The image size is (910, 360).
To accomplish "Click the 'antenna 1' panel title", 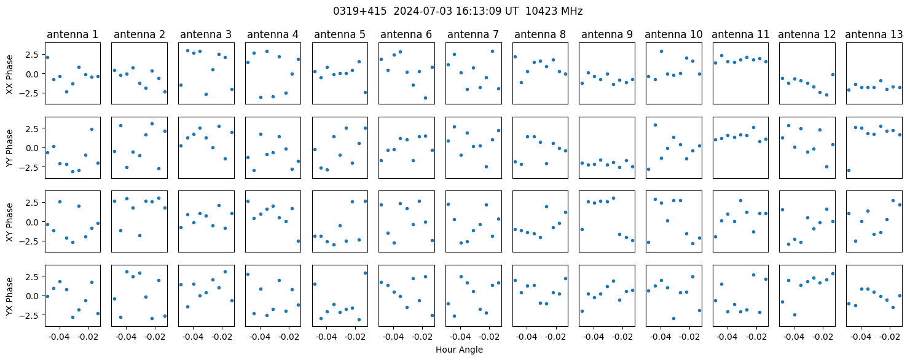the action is [x=73, y=35].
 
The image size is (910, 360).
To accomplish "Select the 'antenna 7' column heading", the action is [x=473, y=35].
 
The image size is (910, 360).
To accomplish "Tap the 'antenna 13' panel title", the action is [x=873, y=35].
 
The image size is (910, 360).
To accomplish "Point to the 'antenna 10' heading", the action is [x=673, y=35].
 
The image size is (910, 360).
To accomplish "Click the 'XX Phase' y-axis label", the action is [x=9, y=74].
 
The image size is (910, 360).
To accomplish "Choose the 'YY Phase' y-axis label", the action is [x=9, y=148].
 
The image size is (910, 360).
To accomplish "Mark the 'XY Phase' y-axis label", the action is [x=9, y=222].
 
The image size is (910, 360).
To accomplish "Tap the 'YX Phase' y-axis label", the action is [x=9, y=295].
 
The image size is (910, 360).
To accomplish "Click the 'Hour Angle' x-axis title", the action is [x=459, y=350].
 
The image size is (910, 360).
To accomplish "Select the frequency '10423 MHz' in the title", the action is [x=554, y=12].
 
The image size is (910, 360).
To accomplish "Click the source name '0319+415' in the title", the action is [x=360, y=12].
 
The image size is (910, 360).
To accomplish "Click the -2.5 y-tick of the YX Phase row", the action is [x=31, y=315].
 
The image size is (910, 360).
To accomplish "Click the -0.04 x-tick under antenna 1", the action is [x=60, y=337].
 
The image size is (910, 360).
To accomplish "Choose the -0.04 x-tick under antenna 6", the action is [x=393, y=337].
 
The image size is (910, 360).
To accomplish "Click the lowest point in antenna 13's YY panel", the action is [x=849, y=170].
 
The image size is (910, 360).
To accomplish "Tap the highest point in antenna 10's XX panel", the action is [x=661, y=51].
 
